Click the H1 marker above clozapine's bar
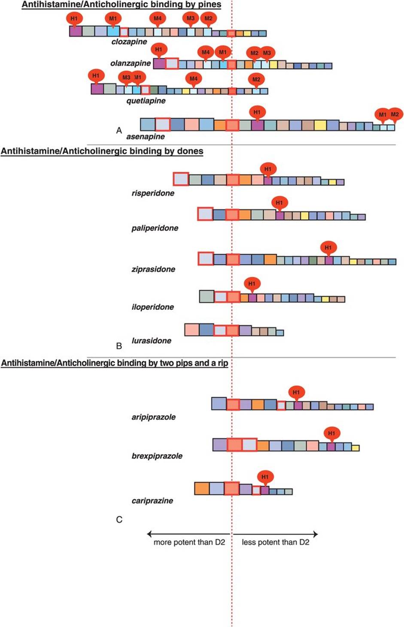(74, 18)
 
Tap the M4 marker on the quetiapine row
(194, 78)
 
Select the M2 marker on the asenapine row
(395, 114)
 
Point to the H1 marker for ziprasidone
(328, 248)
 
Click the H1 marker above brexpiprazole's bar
(331, 433)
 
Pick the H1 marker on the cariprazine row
(265, 477)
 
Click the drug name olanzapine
(131, 63)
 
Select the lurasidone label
(151, 341)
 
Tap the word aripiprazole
(153, 417)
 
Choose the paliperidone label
(155, 228)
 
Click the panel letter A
(119, 130)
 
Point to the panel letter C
(119, 519)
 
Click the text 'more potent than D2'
(189, 542)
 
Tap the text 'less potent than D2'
(275, 542)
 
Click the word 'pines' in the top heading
(210, 5)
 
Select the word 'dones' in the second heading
(190, 151)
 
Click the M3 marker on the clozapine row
(191, 18)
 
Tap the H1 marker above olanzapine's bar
(159, 50)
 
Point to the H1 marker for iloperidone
(252, 284)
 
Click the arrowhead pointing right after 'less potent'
(316, 534)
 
